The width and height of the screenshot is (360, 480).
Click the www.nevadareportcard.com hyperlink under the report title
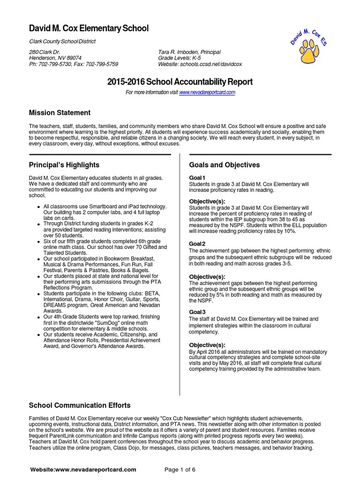207,93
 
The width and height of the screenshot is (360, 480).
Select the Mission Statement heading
60,113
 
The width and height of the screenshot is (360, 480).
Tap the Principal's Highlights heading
64,165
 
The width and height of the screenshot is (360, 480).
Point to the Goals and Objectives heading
224,165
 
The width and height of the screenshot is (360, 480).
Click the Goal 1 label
197,178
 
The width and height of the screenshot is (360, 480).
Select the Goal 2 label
197,244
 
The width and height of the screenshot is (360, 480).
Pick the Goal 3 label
197,312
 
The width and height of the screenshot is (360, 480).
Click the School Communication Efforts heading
80,405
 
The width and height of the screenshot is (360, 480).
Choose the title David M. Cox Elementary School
89,29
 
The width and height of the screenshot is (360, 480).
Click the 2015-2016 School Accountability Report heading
180,82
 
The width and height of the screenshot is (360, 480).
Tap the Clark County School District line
62,41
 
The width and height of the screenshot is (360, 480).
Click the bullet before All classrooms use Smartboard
38,207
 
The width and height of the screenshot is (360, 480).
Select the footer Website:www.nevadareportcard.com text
83,469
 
